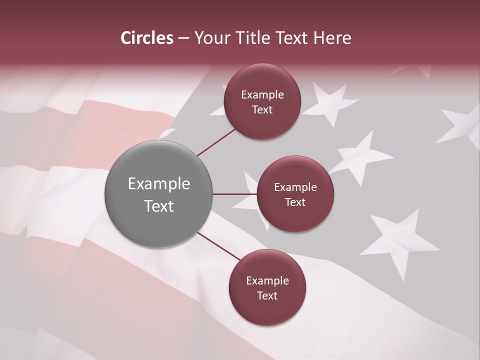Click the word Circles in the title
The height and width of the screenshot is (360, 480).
point(147,38)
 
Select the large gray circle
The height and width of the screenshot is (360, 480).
point(159,194)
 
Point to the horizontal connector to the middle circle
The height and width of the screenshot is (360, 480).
point(234,194)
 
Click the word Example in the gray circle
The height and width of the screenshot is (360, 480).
point(159,184)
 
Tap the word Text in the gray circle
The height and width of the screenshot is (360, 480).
point(159,206)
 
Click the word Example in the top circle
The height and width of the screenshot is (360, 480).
point(262,95)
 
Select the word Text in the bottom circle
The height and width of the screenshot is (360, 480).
point(267,295)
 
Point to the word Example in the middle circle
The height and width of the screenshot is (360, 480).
point(295,187)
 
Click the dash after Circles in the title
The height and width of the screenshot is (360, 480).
point(183,38)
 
